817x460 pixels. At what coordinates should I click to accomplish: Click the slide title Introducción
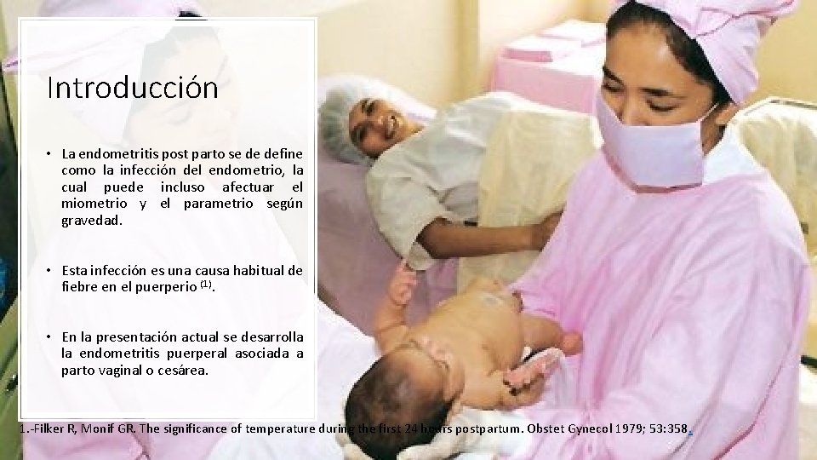(x=133, y=87)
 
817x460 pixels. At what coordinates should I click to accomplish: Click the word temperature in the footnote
(x=276, y=427)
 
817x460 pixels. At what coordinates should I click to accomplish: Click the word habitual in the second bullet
(x=254, y=271)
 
